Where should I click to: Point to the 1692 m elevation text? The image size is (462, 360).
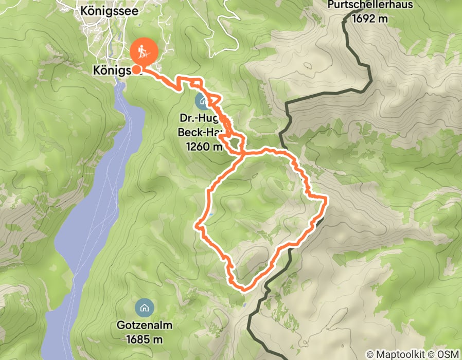pos(369,19)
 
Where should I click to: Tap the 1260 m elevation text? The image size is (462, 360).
pos(203,147)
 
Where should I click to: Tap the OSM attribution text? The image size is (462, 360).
pos(449,354)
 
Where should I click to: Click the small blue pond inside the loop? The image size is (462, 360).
pos(211,213)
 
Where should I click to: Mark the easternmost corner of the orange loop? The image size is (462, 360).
pos(326,198)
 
